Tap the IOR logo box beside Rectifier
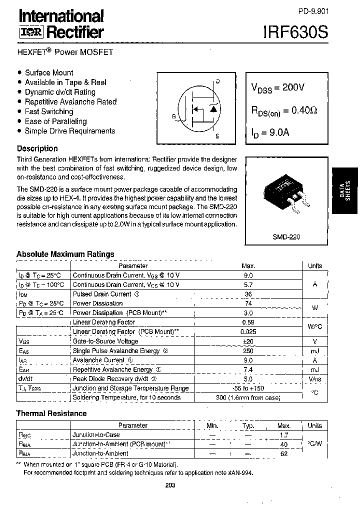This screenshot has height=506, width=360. pos(31,33)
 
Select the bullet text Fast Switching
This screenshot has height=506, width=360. pos(49,111)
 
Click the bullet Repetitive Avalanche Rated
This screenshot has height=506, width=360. pos(70,101)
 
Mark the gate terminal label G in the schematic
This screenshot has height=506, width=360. pos(173,116)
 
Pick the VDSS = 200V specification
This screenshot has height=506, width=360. pos(277,87)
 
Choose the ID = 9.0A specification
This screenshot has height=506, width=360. pos(270,132)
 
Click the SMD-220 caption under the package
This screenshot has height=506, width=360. pos(287,237)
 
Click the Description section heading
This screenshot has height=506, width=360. pos(37,148)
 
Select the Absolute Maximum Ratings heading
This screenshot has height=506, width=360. pos(65,254)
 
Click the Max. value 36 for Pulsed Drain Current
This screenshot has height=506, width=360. pos(248,294)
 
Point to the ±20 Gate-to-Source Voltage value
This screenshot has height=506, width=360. pos(248,341)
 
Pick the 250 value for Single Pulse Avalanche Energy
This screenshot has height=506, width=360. pos(248,350)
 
